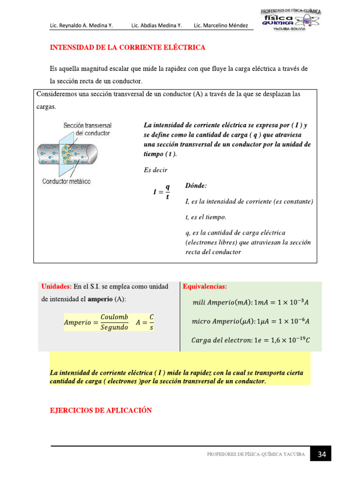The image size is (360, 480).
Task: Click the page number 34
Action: (322, 454)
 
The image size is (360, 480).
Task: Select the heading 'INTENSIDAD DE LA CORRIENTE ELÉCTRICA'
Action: (127, 48)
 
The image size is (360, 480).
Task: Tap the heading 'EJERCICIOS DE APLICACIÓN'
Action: (101, 410)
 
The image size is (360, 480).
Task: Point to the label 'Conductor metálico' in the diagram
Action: (66, 181)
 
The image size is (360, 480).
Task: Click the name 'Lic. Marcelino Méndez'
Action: (221, 25)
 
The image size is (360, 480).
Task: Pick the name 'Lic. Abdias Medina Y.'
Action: (157, 25)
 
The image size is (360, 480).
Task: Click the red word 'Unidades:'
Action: (56, 286)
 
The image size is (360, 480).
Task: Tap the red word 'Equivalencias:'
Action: (205, 286)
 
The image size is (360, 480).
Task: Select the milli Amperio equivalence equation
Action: (251, 302)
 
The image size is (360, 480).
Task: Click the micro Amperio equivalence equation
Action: (251, 321)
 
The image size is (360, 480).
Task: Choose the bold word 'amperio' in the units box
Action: (101, 299)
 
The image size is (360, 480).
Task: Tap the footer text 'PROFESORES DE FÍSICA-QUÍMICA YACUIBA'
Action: (255, 454)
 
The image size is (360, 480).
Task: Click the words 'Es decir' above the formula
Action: (155, 170)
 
